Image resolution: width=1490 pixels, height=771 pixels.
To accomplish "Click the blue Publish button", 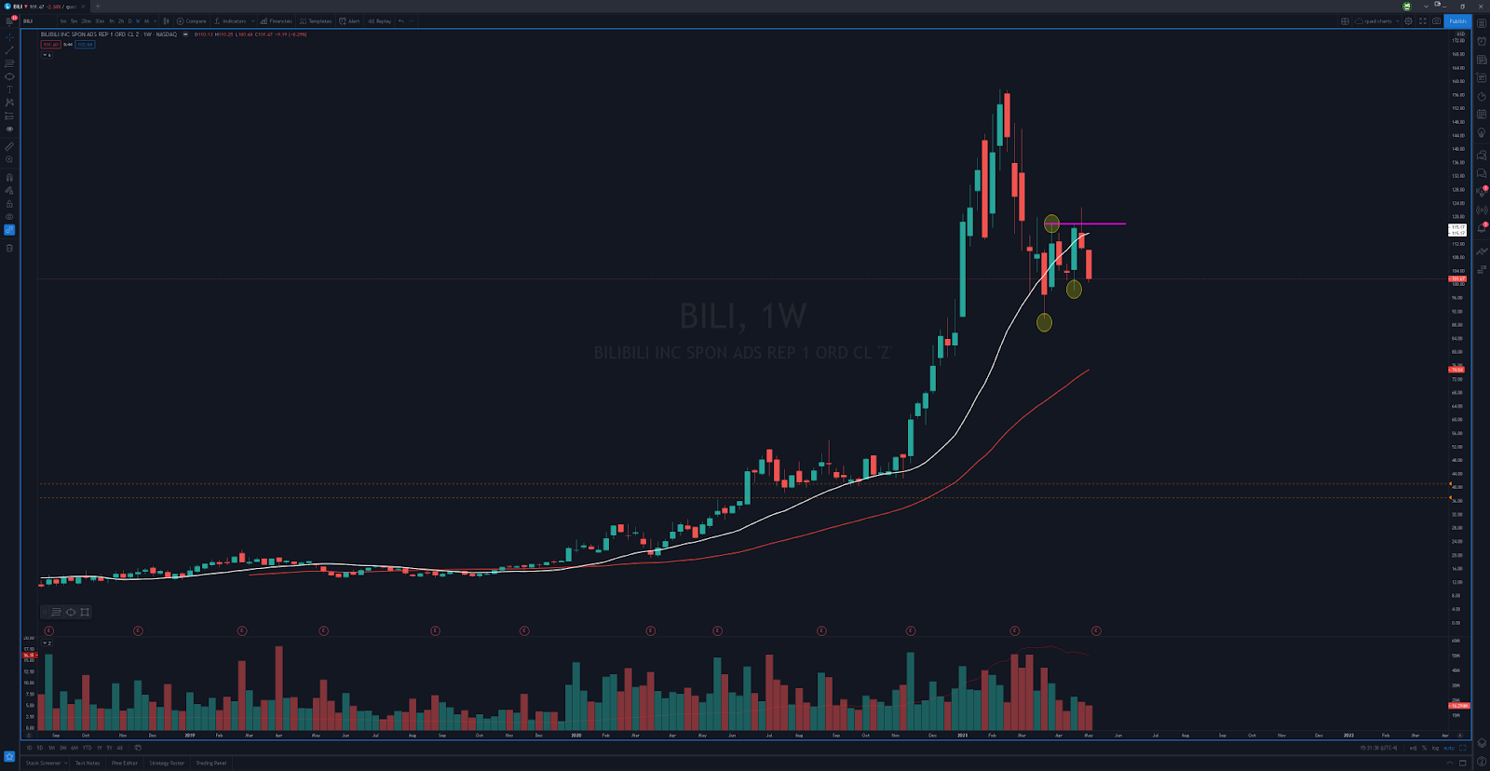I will point(1457,20).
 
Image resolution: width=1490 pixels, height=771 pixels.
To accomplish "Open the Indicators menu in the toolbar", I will point(233,20).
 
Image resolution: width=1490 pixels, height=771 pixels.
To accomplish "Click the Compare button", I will point(193,20).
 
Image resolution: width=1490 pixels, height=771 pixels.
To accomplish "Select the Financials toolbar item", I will point(278,20).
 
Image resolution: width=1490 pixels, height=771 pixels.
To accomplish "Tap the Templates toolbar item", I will point(317,20).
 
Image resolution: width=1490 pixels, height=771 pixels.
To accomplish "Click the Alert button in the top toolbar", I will point(350,20).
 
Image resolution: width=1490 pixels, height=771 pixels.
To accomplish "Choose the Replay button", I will point(380,20).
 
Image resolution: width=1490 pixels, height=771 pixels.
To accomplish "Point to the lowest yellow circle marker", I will point(1044,323).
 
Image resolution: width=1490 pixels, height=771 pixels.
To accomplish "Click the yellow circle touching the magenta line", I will point(1051,223).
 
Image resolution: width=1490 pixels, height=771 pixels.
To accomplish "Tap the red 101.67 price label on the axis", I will point(1457,278).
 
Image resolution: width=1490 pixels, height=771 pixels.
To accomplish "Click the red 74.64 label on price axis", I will point(1457,370).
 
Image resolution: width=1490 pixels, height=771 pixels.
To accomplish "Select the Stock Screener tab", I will point(44,763).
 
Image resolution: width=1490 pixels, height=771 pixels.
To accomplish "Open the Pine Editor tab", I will point(124,763).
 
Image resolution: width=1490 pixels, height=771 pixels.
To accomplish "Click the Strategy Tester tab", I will point(167,763).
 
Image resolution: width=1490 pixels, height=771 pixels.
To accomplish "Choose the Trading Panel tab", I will point(210,763).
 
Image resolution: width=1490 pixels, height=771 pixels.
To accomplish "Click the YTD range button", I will point(87,747).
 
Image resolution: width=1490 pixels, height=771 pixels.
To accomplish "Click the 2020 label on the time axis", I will point(576,735).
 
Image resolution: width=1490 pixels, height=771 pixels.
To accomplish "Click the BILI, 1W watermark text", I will point(743,317).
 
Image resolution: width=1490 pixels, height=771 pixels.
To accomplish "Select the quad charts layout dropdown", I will point(1377,20).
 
